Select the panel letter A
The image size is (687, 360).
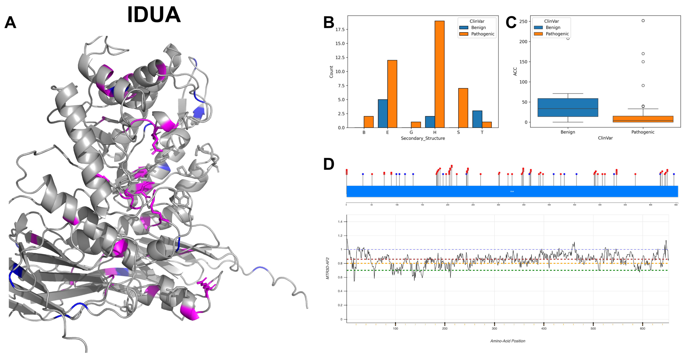point(10,22)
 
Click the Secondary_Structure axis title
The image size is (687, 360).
point(423,138)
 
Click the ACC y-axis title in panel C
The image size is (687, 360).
point(515,71)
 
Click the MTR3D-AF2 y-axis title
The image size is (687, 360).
point(328,268)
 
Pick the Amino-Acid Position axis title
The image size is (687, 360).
point(508,341)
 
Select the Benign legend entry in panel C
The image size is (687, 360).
point(553,27)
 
